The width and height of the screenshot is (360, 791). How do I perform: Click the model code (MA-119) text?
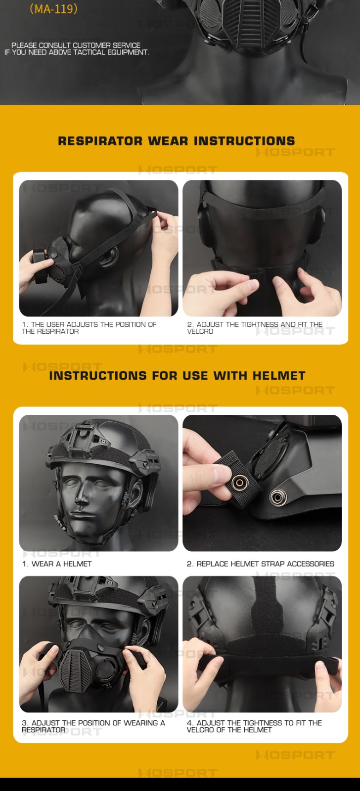click(x=54, y=9)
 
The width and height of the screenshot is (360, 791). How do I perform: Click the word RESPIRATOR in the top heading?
click(x=100, y=141)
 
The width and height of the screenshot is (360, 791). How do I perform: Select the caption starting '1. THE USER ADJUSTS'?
click(x=89, y=328)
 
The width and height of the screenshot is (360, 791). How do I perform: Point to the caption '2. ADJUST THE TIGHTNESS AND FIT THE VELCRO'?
click(x=255, y=328)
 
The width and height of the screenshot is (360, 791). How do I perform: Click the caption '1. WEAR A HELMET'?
click(x=57, y=564)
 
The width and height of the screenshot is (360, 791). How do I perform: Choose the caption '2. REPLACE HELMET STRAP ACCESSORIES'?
click(x=261, y=564)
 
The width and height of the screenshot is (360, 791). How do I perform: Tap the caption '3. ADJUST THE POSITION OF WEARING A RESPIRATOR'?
click(x=93, y=726)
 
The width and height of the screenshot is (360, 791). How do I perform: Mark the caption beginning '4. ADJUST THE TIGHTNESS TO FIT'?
click(x=254, y=726)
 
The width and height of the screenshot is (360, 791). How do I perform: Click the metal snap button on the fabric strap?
click(x=240, y=483)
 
